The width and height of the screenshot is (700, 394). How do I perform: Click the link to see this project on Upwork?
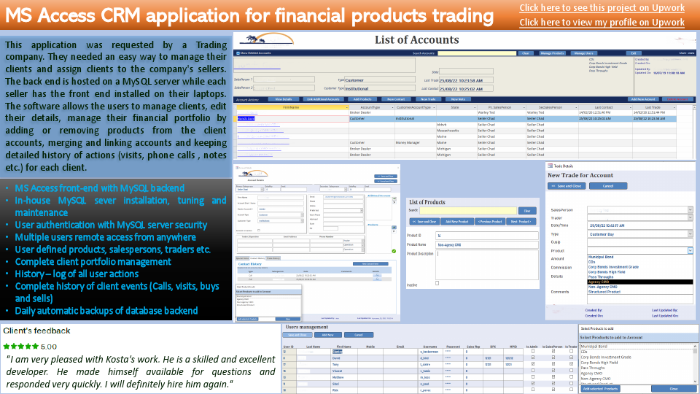pyautogui.click(x=602, y=8)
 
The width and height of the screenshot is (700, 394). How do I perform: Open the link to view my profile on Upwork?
pyautogui.click(x=602, y=22)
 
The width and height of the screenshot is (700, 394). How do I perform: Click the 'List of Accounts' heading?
pyautogui.click(x=416, y=39)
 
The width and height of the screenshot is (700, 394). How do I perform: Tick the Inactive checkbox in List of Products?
pyautogui.click(x=437, y=282)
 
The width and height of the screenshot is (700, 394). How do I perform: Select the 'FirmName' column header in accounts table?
pyautogui.click(x=290, y=107)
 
